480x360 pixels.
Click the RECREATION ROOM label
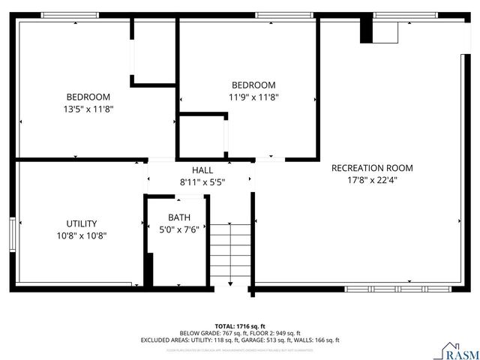[x=372, y=168]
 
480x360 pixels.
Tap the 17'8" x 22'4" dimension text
[x=372, y=180]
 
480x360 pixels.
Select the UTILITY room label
[x=81, y=223]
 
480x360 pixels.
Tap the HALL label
[x=202, y=170]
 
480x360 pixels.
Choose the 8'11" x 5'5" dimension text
[x=202, y=182]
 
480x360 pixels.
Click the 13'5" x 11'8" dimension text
[x=88, y=109]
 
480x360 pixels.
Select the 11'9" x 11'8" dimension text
[x=253, y=97]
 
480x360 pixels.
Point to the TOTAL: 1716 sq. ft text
[x=240, y=325]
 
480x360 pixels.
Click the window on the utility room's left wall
[x=12, y=232]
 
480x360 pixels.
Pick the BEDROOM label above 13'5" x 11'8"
[x=88, y=97]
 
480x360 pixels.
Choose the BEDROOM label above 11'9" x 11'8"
[x=253, y=85]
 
